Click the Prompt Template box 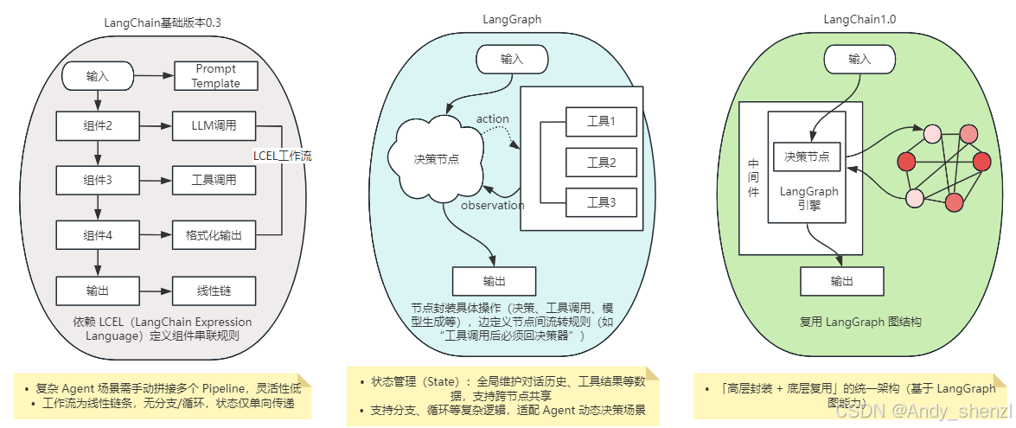tap(216, 76)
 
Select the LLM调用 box tap(215, 126)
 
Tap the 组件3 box tap(98, 181)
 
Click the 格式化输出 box tap(215, 234)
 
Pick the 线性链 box tap(215, 290)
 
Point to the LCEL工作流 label tap(282, 157)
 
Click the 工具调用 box tap(215, 181)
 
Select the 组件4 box tap(98, 234)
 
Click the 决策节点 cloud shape tap(436, 159)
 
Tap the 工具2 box tap(600, 162)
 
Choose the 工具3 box tap(600, 202)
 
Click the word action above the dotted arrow tap(492, 119)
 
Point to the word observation tap(492, 206)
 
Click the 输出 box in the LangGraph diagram tap(494, 281)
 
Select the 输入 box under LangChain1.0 tap(859, 59)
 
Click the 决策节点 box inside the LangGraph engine tap(807, 157)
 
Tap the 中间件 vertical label tap(753, 176)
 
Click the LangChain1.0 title tap(859, 21)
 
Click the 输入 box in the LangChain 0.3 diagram tap(97, 76)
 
